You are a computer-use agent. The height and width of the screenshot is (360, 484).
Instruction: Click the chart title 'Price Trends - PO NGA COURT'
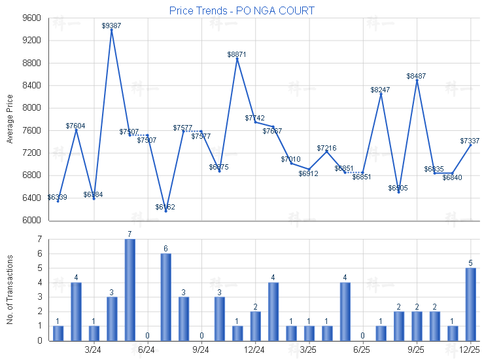coord(241,10)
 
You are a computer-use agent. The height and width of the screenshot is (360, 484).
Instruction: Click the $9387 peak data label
coord(111,26)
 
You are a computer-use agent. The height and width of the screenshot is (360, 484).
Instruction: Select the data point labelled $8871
coord(237,59)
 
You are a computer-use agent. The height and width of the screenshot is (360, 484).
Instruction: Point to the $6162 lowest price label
coord(165,207)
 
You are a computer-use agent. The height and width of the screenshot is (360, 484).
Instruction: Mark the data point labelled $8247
coord(381,94)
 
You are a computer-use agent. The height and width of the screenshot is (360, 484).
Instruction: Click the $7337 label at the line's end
coord(470,141)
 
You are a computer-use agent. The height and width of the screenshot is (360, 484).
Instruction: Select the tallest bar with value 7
coord(130,290)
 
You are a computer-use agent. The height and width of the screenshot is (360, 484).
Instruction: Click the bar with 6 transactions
coord(165,297)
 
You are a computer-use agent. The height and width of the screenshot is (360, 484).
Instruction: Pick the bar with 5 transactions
coord(470,304)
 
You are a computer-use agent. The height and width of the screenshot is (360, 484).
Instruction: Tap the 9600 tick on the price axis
coord(31,18)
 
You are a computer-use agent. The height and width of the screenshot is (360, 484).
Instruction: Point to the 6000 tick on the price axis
coord(31,221)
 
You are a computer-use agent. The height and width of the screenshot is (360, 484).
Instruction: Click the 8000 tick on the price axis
coord(31,108)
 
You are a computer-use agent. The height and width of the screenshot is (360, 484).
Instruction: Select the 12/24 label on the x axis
coord(254,350)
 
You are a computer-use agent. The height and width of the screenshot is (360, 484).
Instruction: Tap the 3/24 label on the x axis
coord(94,350)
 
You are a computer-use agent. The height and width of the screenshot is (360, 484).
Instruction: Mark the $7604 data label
coord(75,125)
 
